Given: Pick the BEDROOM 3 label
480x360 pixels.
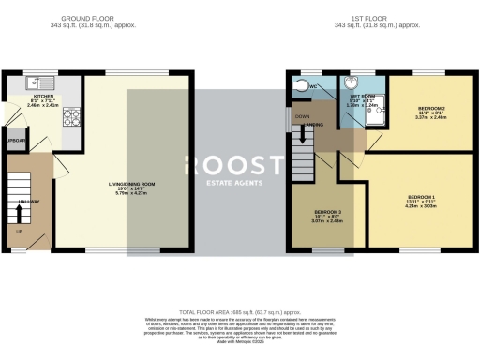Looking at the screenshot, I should click(x=327, y=212).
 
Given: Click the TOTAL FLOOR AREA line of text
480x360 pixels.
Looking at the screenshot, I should click(x=239, y=311).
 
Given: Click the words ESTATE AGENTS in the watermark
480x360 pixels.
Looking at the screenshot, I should click(x=240, y=181).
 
